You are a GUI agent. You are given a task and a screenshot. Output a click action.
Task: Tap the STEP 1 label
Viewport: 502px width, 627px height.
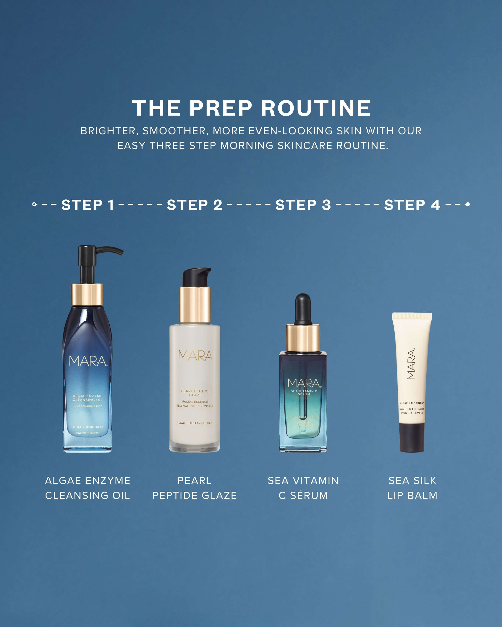[x=88, y=205]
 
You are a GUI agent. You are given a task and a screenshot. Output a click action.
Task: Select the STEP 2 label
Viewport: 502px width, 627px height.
[x=194, y=205]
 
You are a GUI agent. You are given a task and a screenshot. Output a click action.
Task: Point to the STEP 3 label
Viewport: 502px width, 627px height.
[x=303, y=205]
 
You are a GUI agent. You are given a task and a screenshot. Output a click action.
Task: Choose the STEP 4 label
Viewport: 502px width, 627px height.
[x=412, y=205]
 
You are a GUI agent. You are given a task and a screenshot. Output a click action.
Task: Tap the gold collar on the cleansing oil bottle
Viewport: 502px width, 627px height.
[x=87, y=294]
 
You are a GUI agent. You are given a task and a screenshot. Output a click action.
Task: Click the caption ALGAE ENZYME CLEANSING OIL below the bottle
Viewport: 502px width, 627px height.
[x=88, y=488]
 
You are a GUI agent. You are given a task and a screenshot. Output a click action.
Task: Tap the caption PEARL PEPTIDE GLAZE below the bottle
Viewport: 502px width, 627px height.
[x=194, y=488]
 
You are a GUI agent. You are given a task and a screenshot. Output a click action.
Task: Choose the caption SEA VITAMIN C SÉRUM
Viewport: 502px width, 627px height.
[x=303, y=488]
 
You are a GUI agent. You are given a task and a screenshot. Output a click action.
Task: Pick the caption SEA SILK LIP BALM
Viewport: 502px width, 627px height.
[x=412, y=488]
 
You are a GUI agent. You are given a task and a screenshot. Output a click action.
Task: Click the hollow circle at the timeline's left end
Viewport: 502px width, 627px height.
[x=34, y=205]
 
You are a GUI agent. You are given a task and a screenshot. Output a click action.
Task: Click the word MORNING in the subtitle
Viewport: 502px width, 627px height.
[x=246, y=145]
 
